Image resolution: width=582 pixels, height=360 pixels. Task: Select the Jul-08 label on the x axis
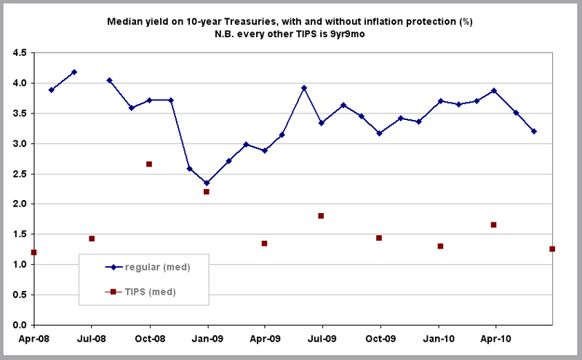[92, 338]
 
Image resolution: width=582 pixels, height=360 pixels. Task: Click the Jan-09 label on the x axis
[207, 338]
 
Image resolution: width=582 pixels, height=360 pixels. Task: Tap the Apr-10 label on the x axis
[495, 338]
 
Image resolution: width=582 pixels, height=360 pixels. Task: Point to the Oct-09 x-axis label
[380, 338]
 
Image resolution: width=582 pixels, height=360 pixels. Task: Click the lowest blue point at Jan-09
[207, 183]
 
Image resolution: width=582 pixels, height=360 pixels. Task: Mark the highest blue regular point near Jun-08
[74, 72]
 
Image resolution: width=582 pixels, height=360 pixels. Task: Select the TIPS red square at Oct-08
[149, 164]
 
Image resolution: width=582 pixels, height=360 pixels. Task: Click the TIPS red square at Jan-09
[207, 191]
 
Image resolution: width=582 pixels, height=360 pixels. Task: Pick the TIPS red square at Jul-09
[321, 216]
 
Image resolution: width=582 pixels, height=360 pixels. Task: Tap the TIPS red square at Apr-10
[494, 225]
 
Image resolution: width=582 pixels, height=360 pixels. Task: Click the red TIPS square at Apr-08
[34, 252]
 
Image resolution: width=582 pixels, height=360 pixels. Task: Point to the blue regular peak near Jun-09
[303, 88]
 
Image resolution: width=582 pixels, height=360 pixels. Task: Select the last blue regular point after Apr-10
[534, 131]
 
